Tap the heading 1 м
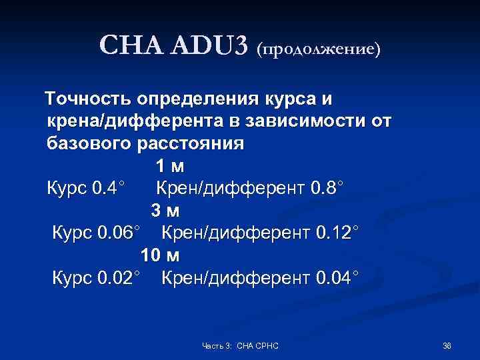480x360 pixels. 169,166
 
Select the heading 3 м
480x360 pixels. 165,210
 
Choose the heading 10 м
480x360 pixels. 160,254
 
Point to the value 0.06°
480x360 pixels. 119,232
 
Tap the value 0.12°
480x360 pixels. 337,232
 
